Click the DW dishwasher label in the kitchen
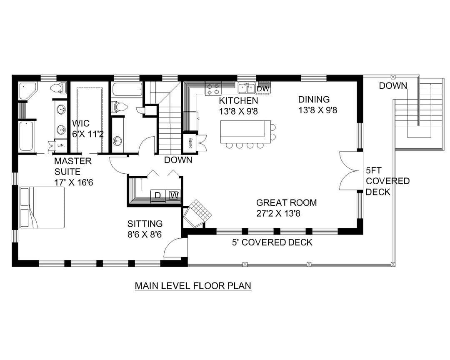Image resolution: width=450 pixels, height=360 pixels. pyautogui.click(x=263, y=89)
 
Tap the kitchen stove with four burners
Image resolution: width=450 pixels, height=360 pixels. pyautogui.click(x=213, y=88)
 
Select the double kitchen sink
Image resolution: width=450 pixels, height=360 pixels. pyautogui.click(x=247, y=88)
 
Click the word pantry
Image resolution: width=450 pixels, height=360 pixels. pyautogui.click(x=190, y=143)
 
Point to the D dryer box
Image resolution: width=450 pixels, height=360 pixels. pyautogui.click(x=158, y=195)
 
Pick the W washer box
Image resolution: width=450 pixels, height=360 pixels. pyautogui.click(x=173, y=195)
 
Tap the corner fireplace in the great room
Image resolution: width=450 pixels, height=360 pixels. pyautogui.click(x=198, y=213)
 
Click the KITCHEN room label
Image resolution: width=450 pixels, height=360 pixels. pyautogui.click(x=238, y=100)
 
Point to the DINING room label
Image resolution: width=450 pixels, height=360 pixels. pyautogui.click(x=314, y=99)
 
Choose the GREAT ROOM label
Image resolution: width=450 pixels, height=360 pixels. pyautogui.click(x=286, y=202)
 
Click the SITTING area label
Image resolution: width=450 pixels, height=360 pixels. pyautogui.click(x=145, y=224)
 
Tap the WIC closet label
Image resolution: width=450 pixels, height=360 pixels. pyautogui.click(x=81, y=123)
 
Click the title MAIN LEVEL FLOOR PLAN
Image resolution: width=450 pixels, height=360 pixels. pyautogui.click(x=193, y=286)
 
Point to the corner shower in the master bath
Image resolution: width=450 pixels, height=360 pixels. pyautogui.click(x=27, y=91)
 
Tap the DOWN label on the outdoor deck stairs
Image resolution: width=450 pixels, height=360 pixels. pyautogui.click(x=393, y=85)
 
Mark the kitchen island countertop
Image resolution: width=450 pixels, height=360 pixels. pyautogui.click(x=245, y=132)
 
